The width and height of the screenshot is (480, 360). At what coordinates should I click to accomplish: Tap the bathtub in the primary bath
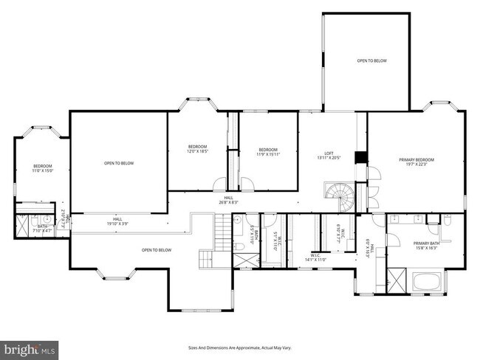point(428,282)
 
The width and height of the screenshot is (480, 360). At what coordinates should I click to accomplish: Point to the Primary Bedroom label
point(416,160)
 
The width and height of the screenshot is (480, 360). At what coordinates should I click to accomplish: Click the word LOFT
point(329,153)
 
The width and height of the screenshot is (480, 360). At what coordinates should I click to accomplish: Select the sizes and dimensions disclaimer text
point(240,347)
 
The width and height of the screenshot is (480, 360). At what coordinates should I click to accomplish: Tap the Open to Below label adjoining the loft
point(371,60)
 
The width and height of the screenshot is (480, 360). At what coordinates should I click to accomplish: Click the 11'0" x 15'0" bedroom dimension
point(42,171)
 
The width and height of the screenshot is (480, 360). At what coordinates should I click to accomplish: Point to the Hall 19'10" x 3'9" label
point(117,222)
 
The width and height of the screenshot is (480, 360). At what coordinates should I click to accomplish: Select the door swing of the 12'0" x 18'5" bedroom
point(220,184)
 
